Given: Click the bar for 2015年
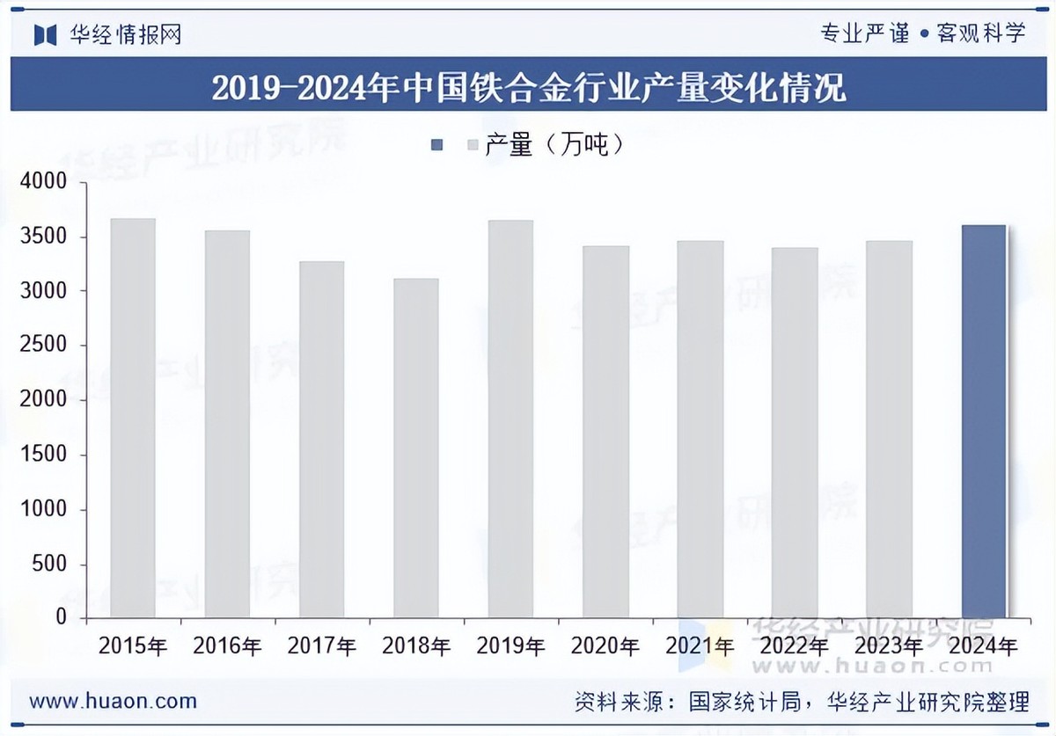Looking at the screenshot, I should tap(133, 418).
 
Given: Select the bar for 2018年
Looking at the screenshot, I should tap(416, 448).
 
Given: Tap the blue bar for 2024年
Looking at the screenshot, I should tap(983, 421).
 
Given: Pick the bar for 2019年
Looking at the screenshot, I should tap(510, 419).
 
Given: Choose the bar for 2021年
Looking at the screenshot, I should tap(700, 429).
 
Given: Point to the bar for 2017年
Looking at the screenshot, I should tap(321, 439).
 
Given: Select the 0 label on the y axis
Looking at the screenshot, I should tap(61, 618).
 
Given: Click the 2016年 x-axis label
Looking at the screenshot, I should tap(227, 647).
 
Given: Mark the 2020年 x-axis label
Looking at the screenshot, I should tap(605, 647).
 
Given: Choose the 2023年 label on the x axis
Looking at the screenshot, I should tap(889, 647).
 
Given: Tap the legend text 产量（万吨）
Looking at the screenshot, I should tap(554, 145).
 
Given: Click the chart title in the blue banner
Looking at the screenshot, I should tap(528, 88).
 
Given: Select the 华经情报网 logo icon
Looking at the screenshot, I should tap(45, 35).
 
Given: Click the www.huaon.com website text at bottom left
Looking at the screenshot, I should tap(113, 701).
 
